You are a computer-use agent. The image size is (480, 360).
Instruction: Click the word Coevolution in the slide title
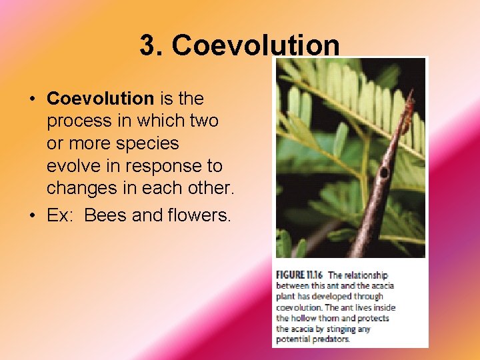point(255,46)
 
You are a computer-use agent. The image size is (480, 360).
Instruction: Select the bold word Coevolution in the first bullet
point(100,99)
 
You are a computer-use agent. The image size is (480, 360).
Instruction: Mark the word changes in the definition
point(83,189)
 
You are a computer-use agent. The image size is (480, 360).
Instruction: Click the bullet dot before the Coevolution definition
point(33,99)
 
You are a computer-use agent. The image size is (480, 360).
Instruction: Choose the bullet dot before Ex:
point(33,216)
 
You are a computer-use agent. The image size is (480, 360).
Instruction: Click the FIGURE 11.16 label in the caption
point(300,275)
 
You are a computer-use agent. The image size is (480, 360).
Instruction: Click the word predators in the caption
point(327,339)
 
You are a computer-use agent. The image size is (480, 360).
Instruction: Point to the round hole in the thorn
point(383,172)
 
